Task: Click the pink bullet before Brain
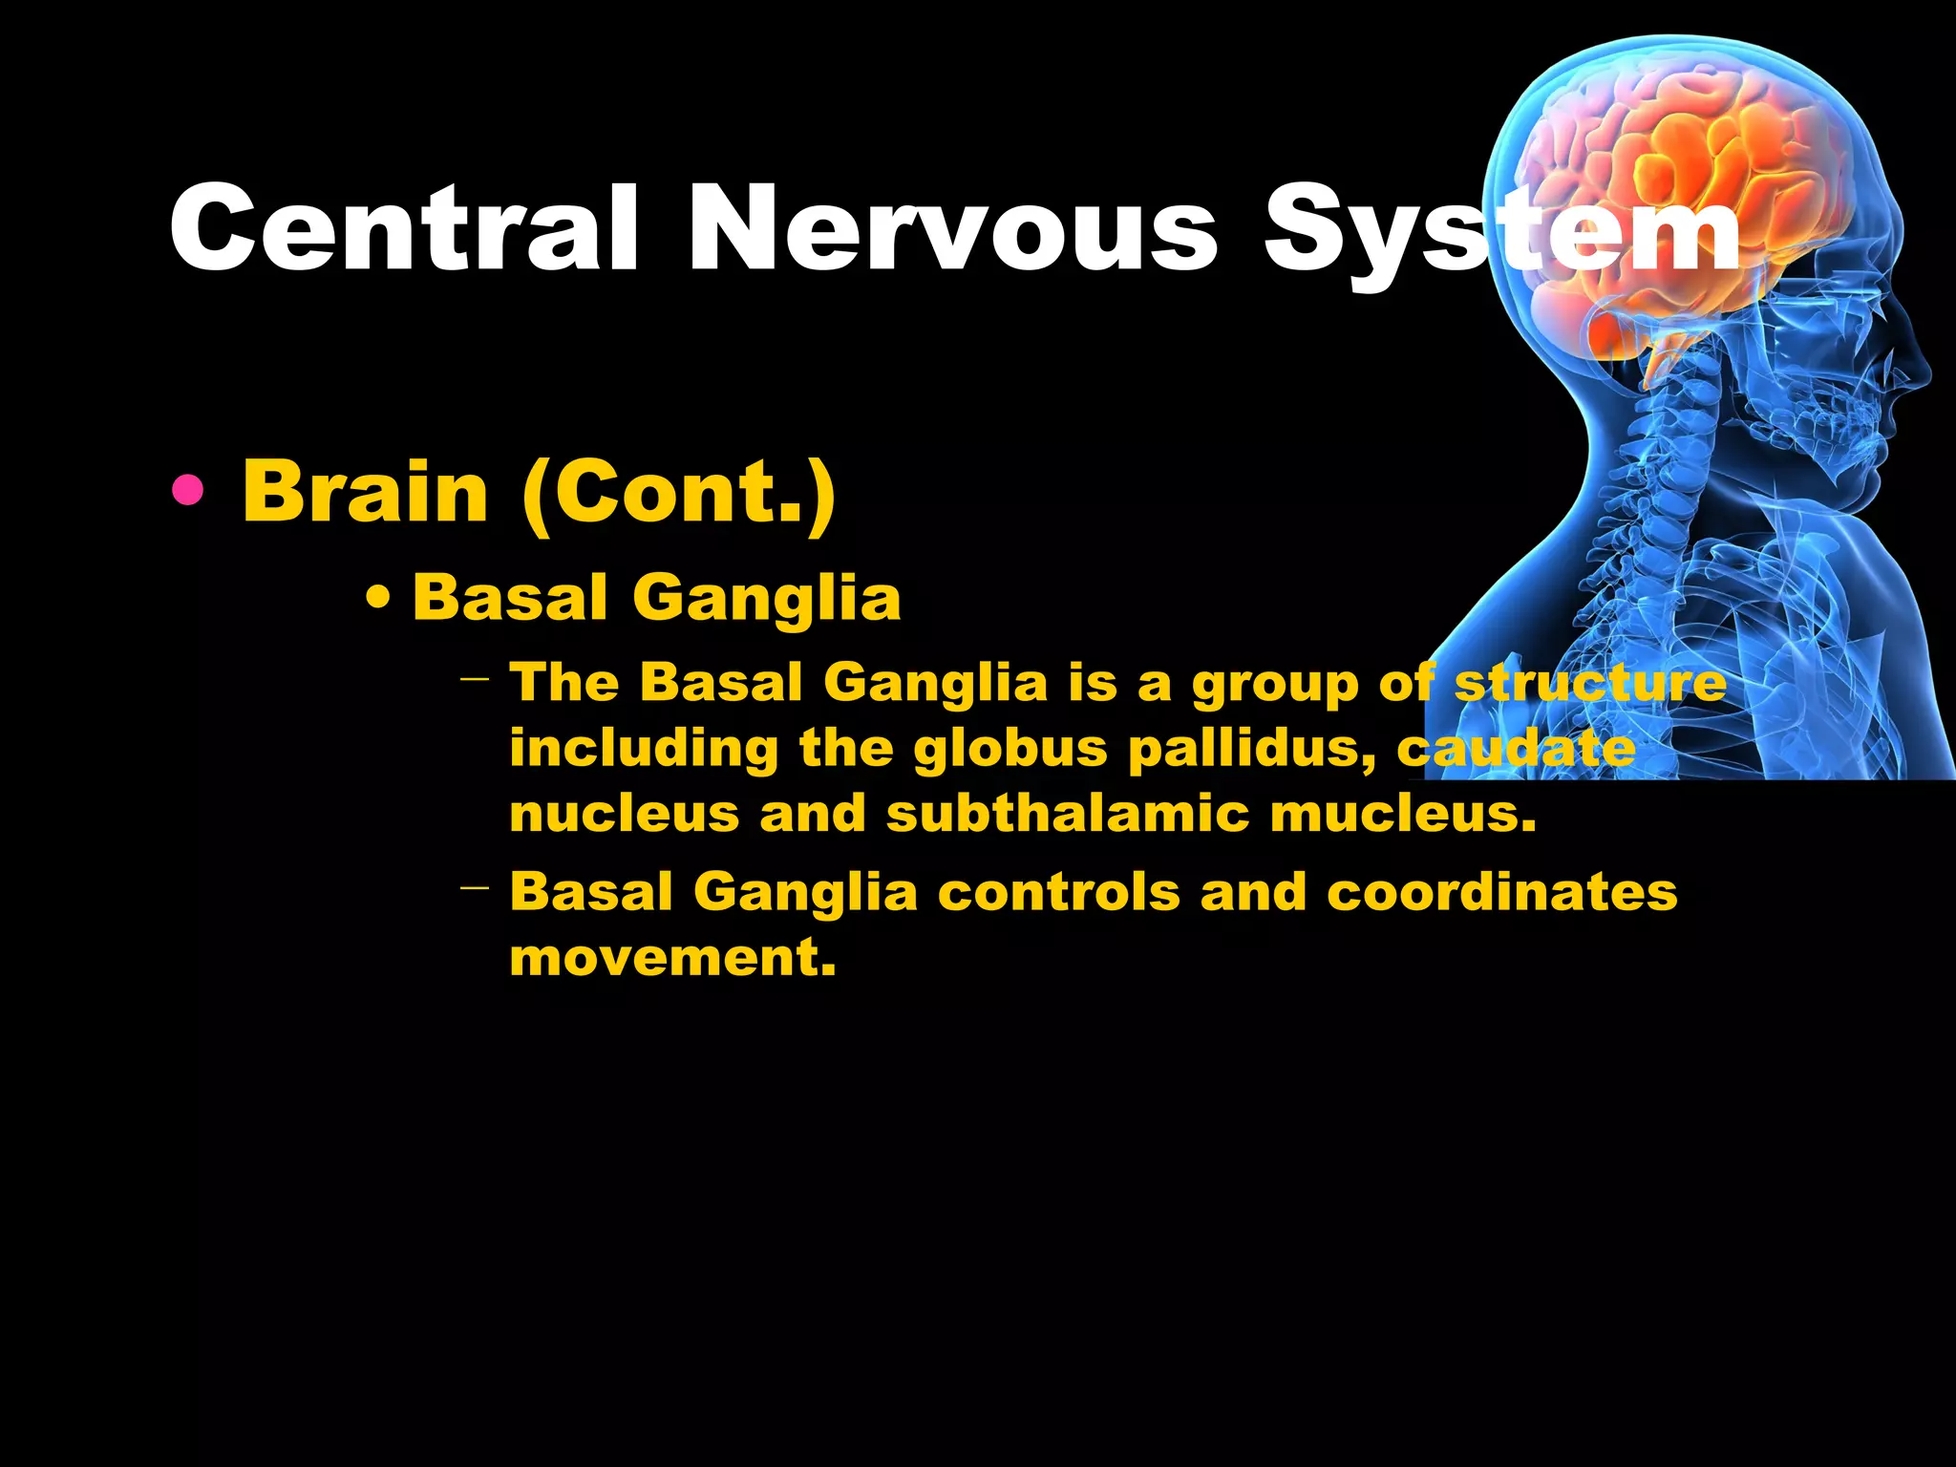point(188,491)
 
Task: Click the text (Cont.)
point(679,493)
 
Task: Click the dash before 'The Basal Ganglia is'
point(474,681)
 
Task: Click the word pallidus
point(1252,750)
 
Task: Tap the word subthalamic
point(1068,814)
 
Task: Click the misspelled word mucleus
point(1403,814)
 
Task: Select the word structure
point(1590,683)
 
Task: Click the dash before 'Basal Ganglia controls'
point(474,889)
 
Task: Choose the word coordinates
point(1501,892)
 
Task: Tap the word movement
point(672,956)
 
